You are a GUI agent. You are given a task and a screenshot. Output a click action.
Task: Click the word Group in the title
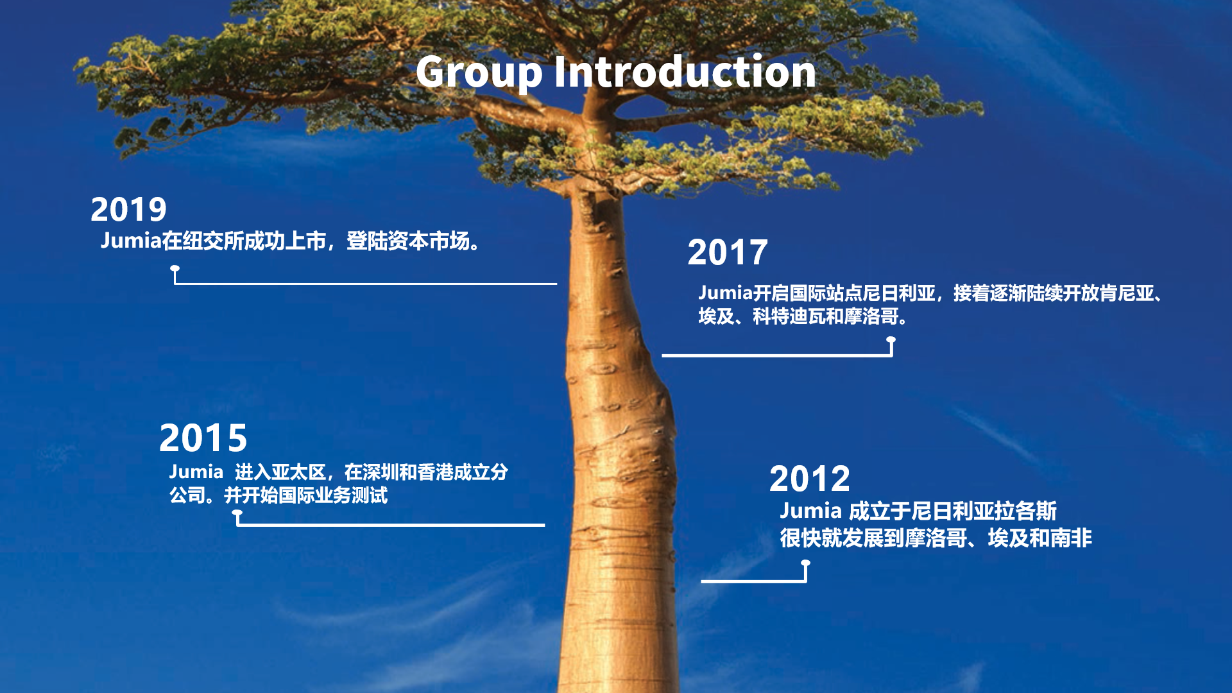click(x=479, y=72)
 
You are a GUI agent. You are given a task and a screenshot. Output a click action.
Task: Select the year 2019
click(x=128, y=210)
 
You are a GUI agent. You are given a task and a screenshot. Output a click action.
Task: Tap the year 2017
click(x=728, y=252)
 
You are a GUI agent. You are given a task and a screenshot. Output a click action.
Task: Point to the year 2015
click(x=203, y=438)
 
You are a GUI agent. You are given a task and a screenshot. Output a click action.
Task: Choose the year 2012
click(x=810, y=479)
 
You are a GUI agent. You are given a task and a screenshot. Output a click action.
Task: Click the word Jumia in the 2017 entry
click(x=725, y=293)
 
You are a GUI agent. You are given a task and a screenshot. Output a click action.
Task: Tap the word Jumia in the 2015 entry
click(x=196, y=472)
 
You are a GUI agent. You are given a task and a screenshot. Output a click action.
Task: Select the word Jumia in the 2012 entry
click(x=810, y=511)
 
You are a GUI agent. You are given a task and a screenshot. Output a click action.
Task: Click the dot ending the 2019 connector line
click(x=175, y=268)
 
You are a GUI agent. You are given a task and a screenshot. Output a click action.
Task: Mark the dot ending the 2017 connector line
click(x=891, y=339)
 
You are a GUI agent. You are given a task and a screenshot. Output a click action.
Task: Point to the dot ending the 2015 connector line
click(x=237, y=513)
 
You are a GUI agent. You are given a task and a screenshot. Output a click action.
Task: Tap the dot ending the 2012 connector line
click(x=805, y=563)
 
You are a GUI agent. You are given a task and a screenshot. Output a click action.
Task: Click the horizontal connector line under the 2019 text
click(x=366, y=283)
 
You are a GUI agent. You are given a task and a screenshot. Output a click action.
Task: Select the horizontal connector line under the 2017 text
click(x=776, y=355)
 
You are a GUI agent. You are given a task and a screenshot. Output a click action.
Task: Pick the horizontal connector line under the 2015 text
click(x=391, y=525)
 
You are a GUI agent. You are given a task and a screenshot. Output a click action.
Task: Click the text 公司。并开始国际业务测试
click(x=278, y=495)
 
